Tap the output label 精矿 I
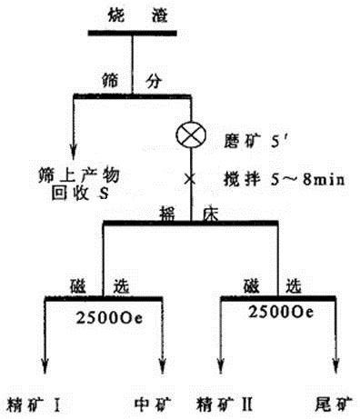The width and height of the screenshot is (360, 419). [33, 401]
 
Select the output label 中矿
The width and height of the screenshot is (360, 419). [152, 401]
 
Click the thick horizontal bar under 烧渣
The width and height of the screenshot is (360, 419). [133, 34]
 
